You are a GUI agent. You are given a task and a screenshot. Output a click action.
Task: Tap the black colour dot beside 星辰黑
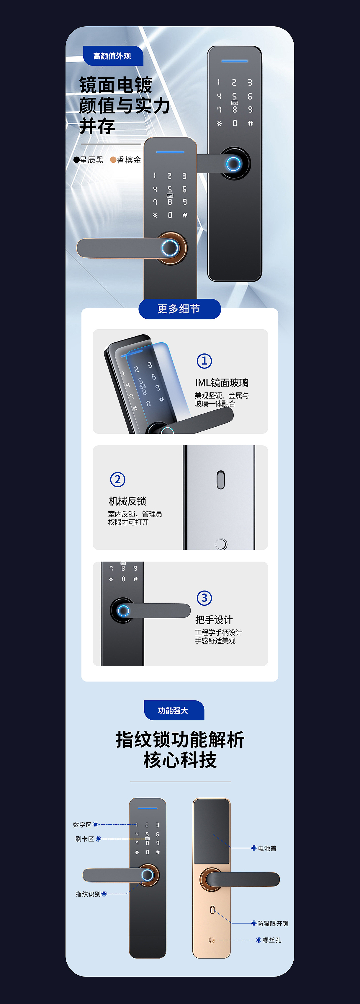tap(76, 160)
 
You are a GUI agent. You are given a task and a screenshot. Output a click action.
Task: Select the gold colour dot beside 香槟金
tap(113, 160)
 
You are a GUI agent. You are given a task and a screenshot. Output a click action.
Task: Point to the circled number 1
tap(204, 361)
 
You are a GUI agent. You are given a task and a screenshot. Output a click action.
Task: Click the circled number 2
tap(118, 479)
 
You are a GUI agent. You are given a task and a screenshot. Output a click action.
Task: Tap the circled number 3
tap(204, 598)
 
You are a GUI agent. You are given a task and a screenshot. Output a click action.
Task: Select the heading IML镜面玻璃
tap(222, 383)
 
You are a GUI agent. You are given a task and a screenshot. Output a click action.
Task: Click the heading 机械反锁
tap(127, 501)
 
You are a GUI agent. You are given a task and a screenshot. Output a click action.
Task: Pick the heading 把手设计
tap(214, 620)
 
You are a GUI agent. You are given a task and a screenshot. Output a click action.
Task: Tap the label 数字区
tap(82, 825)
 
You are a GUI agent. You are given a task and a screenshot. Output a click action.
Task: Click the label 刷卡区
tap(85, 839)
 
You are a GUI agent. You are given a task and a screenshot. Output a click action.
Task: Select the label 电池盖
tap(267, 848)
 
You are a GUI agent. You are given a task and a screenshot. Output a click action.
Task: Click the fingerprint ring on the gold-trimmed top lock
tap(170, 248)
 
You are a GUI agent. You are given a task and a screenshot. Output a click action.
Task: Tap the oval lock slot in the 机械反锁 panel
tap(220, 480)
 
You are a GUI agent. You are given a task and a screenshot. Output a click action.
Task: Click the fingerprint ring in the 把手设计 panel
tap(123, 610)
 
